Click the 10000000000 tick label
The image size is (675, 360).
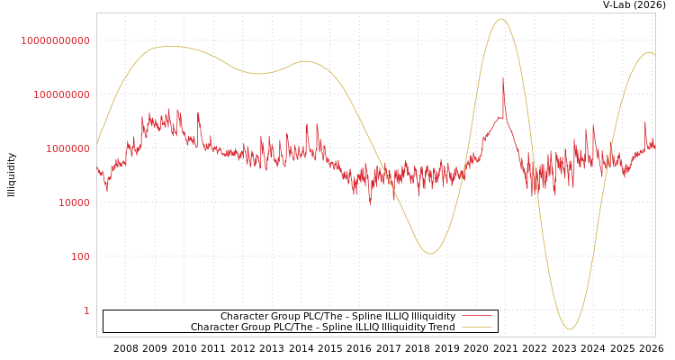coord(56,40)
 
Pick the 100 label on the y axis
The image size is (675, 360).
coord(81,256)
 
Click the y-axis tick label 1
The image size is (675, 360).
coord(86,310)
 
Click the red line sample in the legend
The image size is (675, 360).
coord(477,316)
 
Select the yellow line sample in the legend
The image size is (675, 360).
coord(477,327)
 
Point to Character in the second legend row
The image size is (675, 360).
coord(214,327)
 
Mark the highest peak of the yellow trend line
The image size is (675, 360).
coord(501,19)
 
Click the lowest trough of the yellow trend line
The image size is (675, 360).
coord(569,329)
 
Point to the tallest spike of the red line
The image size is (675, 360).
coord(503,78)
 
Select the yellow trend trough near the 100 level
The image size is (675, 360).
coord(430,254)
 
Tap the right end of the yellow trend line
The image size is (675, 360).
coord(654,55)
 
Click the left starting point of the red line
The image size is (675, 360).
coord(97,167)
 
